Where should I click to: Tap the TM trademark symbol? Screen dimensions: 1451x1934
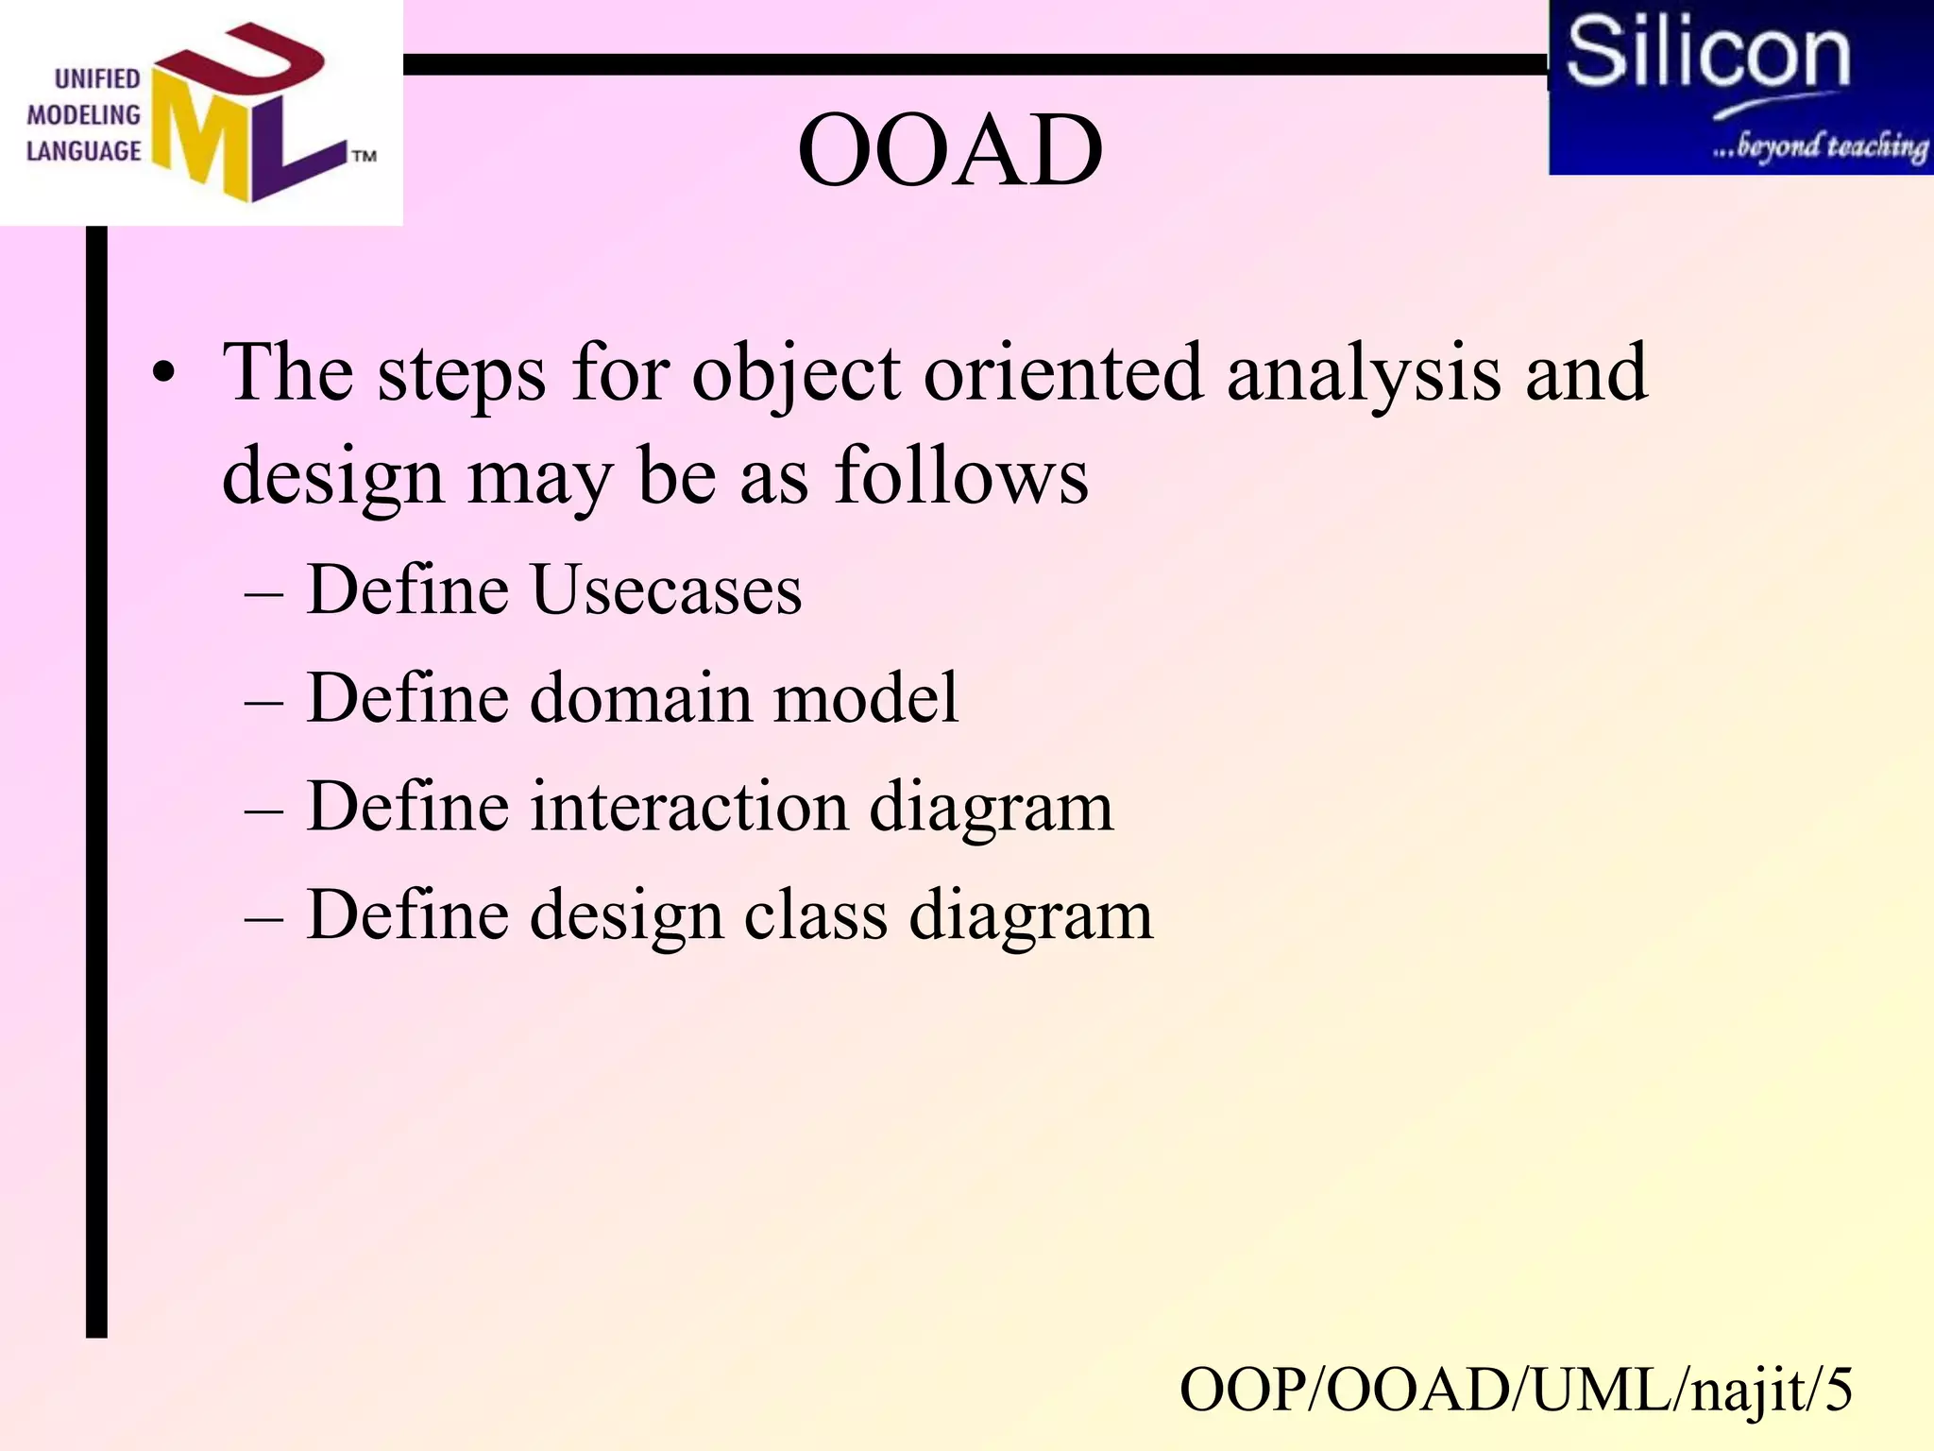coord(365,156)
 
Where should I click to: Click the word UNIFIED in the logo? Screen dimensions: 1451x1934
coord(96,78)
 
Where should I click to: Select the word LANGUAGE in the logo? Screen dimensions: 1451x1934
coord(83,151)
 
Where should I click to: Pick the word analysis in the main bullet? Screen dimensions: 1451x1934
coord(1364,374)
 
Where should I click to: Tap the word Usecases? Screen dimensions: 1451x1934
coord(667,590)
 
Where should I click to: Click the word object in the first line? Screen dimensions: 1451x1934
coord(796,374)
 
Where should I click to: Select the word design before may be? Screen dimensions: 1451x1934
coord(332,476)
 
